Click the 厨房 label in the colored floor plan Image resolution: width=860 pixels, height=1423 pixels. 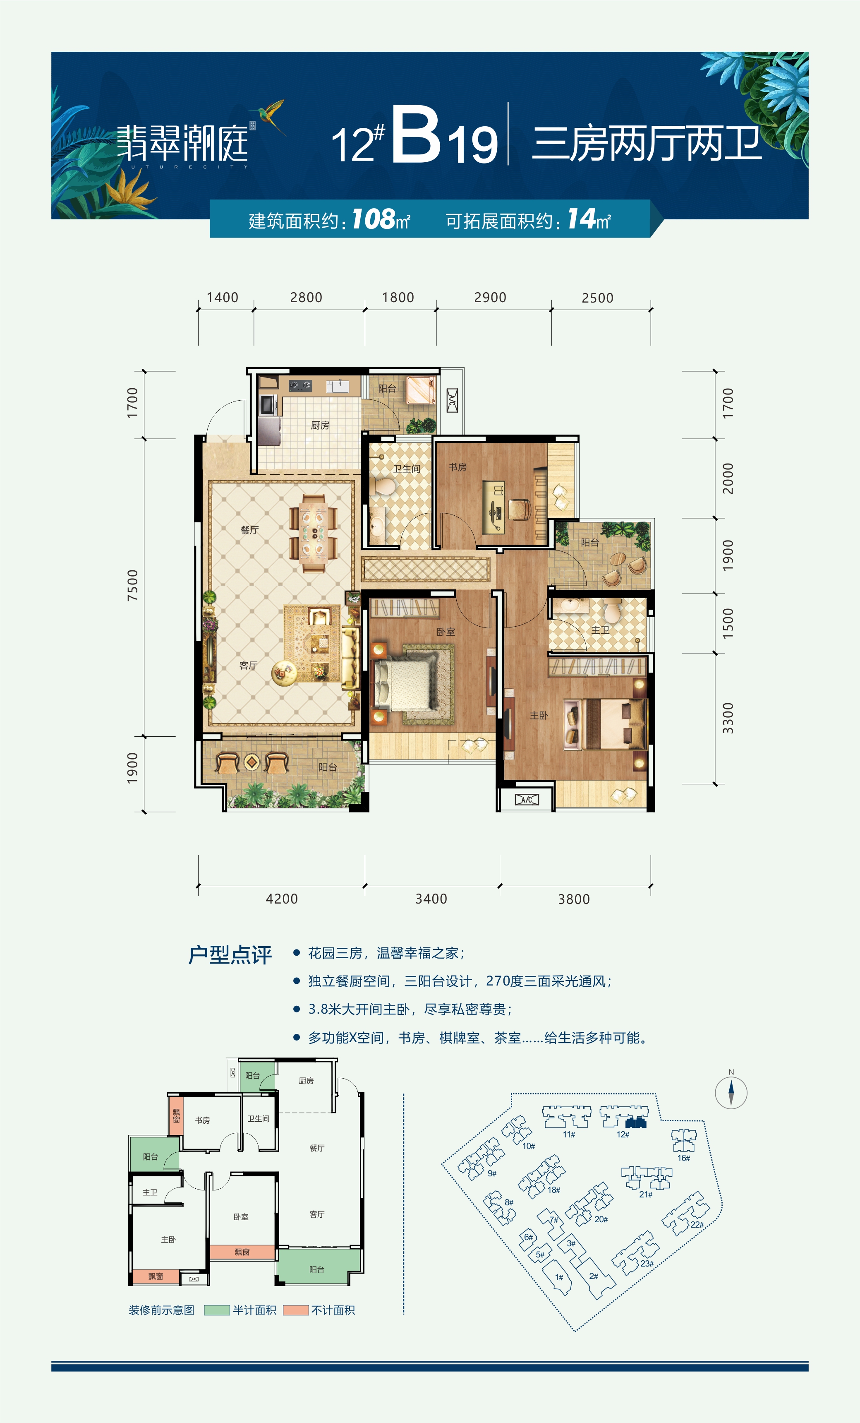(x=320, y=425)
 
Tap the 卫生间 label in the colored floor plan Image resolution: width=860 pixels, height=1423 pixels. (x=407, y=469)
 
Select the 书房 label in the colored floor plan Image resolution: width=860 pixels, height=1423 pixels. (x=458, y=466)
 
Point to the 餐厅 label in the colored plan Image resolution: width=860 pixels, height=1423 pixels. (x=249, y=529)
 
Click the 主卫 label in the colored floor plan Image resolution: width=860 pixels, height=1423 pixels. (x=600, y=630)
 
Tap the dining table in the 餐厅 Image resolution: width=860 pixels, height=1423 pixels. (x=314, y=532)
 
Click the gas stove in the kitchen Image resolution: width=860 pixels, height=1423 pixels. (x=300, y=385)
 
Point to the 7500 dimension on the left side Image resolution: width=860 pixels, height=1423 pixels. (x=133, y=585)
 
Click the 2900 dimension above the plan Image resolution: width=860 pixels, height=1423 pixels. (x=490, y=298)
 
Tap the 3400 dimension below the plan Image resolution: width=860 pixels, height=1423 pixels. (x=431, y=899)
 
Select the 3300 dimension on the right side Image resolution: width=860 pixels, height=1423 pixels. (x=728, y=718)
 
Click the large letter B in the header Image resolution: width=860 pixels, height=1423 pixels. (x=417, y=135)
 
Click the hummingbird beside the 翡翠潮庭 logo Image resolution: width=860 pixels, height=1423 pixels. (x=270, y=114)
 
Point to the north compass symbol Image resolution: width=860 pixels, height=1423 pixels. (x=731, y=1091)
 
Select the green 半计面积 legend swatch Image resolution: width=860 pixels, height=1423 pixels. (x=217, y=1310)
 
